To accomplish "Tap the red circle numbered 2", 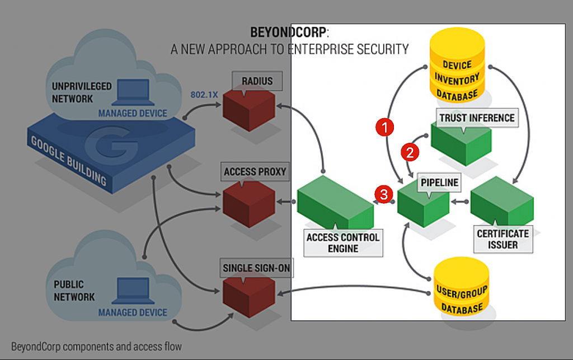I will click(x=410, y=151).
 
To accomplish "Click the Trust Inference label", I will click(x=476, y=118).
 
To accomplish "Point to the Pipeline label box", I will click(x=439, y=183).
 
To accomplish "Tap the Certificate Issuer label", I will click(x=502, y=239).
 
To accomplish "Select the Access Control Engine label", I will click(x=343, y=242).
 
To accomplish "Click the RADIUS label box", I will click(x=257, y=81).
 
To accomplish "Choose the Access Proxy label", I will click(x=255, y=172).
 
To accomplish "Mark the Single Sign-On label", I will click(x=257, y=268).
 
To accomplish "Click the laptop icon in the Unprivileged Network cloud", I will click(x=132, y=92).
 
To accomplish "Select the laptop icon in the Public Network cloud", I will click(x=133, y=291).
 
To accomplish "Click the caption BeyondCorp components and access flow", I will click(x=96, y=346).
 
